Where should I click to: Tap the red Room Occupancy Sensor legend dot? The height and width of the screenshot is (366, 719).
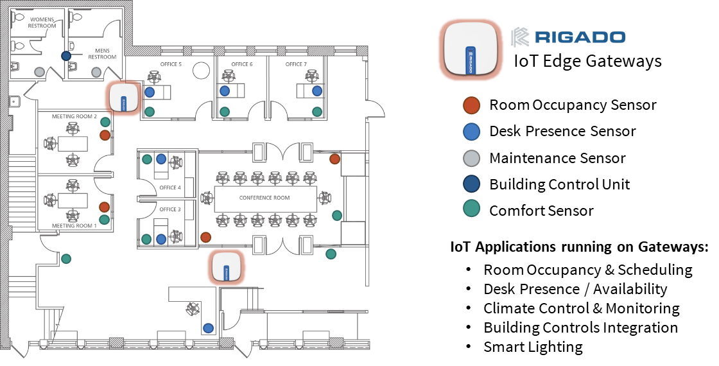pos(471,105)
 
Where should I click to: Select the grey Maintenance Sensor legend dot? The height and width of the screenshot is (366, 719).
pos(471,158)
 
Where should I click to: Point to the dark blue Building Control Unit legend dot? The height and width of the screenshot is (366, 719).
pos(471,184)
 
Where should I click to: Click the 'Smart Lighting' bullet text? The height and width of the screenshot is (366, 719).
pos(533,347)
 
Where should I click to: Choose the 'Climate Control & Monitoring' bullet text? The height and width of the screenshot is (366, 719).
pos(582,309)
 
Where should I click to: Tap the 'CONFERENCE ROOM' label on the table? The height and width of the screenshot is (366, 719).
pos(264,198)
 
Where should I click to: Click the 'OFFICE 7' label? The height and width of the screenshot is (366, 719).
pos(296,64)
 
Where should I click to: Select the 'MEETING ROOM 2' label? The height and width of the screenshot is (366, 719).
pos(74,116)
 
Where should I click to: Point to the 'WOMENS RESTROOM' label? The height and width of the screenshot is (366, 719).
pos(42,22)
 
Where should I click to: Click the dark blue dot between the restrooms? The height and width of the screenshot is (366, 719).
pos(66,56)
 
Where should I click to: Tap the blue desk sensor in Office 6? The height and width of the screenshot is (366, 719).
pos(224,91)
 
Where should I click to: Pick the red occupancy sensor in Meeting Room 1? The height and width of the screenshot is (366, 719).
pos(104,207)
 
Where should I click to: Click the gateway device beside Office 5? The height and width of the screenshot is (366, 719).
pos(123,97)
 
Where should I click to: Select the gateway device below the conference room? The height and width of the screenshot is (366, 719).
pos(225,267)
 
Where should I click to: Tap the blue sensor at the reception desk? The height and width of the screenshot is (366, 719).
pos(208,328)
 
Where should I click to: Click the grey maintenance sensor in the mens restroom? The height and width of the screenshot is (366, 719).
pos(96,72)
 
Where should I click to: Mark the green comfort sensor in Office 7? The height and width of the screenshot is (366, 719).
pos(317,112)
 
